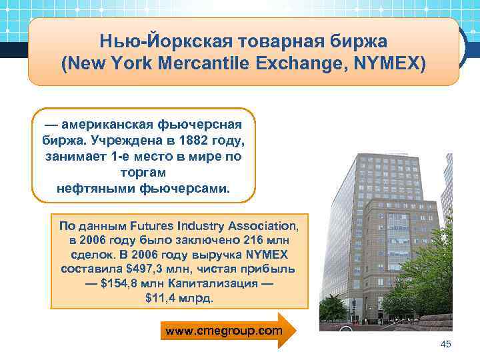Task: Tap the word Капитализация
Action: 220,284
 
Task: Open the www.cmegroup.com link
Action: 223,330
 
